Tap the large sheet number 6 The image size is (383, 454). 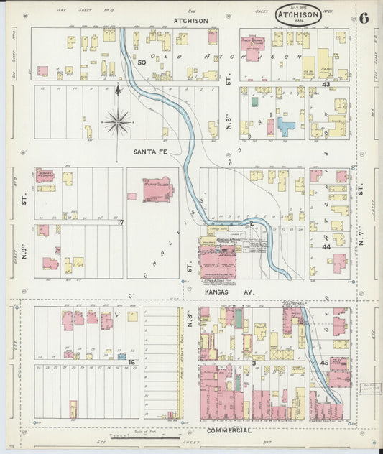click(x=364, y=18)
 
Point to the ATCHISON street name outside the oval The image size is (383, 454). click(x=190, y=22)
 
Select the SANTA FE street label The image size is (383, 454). click(x=149, y=152)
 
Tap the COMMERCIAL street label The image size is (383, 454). click(x=228, y=430)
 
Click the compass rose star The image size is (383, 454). click(x=117, y=121)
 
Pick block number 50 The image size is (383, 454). click(x=142, y=63)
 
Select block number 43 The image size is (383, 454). click(x=326, y=84)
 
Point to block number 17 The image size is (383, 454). click(x=121, y=223)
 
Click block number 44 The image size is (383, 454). click(x=326, y=246)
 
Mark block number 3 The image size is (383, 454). click(x=254, y=364)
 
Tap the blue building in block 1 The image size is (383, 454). click(x=286, y=128)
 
